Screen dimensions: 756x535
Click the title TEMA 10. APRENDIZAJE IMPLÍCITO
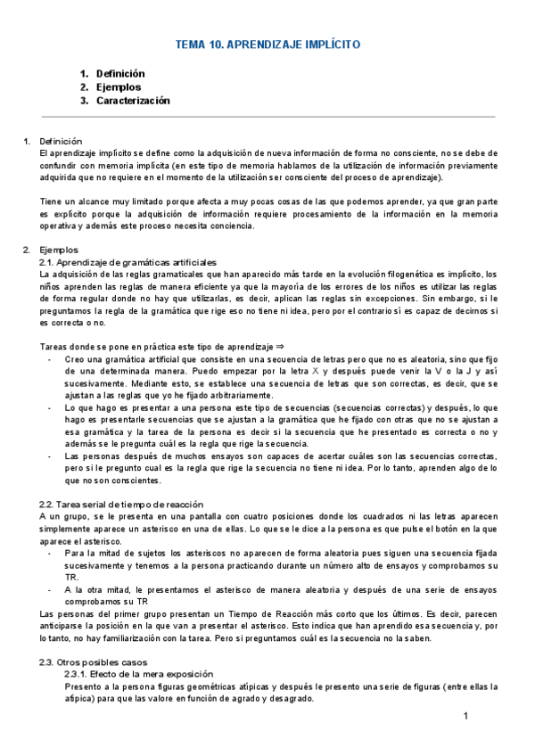tap(267, 45)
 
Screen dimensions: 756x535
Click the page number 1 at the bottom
tap(465, 718)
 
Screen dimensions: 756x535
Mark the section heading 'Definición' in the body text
tap(61, 141)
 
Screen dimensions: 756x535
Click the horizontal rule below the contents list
tap(267, 117)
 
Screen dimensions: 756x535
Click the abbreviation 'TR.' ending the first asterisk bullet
tap(73, 577)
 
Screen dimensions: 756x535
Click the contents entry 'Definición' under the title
tap(120, 74)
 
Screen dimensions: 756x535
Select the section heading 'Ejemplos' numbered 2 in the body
tap(59, 251)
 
